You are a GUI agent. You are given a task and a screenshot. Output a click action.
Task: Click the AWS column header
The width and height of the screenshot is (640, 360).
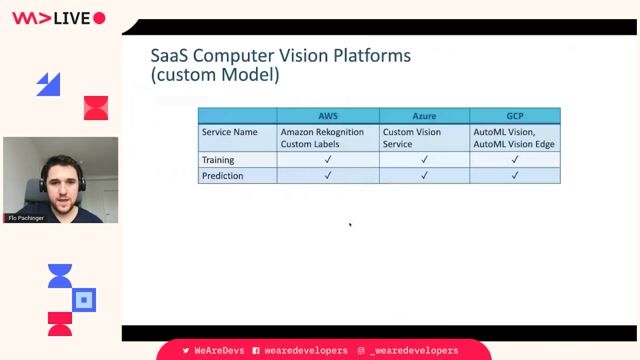[x=327, y=116]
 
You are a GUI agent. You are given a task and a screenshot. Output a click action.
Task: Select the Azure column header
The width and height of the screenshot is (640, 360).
[x=424, y=116]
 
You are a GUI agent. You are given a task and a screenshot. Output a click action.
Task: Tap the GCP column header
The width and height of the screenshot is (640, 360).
[x=515, y=116]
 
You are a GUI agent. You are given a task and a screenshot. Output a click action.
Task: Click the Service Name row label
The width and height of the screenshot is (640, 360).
[x=229, y=132]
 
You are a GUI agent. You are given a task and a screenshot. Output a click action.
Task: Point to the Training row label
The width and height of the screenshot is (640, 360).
[x=218, y=159]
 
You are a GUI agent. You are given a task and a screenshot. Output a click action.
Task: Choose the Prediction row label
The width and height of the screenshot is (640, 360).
[x=222, y=175]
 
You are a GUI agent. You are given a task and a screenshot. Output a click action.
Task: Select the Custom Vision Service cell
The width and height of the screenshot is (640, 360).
[x=414, y=138]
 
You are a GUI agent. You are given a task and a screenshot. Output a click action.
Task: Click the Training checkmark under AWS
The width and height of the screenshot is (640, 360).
[x=327, y=159]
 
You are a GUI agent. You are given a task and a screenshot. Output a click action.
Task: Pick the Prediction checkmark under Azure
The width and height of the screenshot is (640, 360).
[x=424, y=175]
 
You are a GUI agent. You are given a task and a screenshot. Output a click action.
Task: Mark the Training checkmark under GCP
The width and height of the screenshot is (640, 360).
[x=515, y=159]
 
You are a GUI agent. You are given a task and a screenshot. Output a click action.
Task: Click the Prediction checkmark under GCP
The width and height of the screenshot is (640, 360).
[x=515, y=175]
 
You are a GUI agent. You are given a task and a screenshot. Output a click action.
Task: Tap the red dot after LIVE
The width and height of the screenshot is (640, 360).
[x=99, y=18]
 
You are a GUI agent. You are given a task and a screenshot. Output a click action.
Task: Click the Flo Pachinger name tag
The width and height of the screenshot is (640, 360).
[x=26, y=217]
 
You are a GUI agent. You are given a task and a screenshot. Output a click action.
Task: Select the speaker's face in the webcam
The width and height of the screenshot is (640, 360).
[x=60, y=178]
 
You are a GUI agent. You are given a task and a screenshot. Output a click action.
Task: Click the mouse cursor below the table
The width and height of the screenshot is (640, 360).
[x=350, y=224]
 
